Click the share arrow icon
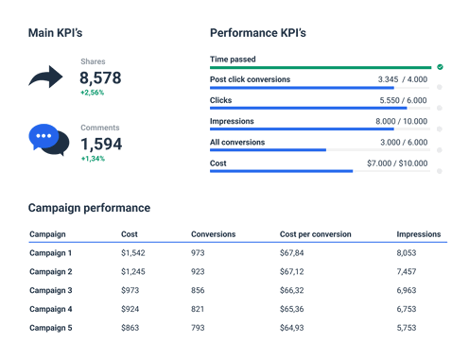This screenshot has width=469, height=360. point(45,77)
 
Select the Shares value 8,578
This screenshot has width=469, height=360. point(100,77)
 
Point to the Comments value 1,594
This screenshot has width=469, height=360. point(100,144)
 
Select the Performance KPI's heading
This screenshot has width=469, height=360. point(257,33)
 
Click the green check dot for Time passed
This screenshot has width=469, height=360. point(440,67)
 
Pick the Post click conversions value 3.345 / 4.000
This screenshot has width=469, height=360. point(403,79)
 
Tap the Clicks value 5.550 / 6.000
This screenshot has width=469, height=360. point(403,100)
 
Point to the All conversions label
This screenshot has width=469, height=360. point(237,142)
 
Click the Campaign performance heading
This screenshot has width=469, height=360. point(89,208)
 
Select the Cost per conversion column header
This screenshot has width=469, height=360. point(315,233)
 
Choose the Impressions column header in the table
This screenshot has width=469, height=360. point(418,233)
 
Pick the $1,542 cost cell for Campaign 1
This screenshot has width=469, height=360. point(134,253)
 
